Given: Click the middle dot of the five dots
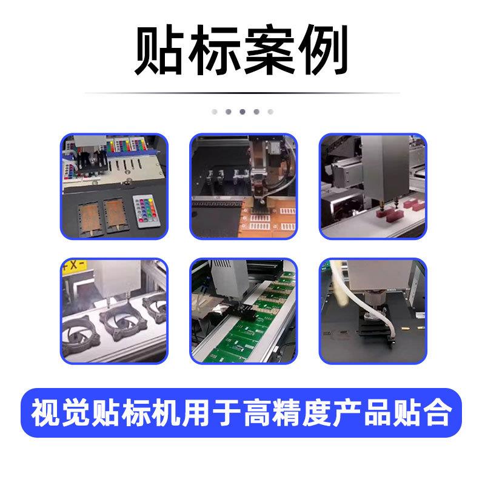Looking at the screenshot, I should tap(242, 112).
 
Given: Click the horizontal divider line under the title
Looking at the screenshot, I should tap(242, 93).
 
